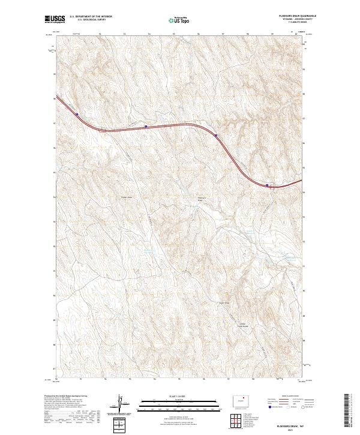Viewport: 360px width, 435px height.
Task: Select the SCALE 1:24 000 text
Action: (x=179, y=397)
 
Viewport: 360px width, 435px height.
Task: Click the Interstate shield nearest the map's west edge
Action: (x=77, y=115)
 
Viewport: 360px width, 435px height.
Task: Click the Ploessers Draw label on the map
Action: (x=202, y=199)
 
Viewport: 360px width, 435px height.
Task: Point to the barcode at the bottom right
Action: (x=348, y=410)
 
